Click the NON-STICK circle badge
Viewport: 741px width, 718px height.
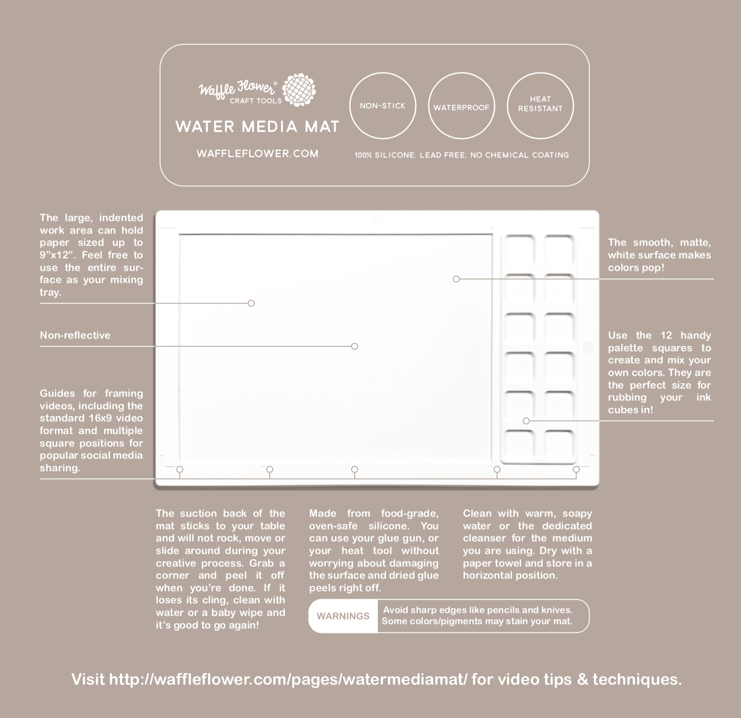[x=383, y=105]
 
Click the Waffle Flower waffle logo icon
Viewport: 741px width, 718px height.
[x=299, y=90]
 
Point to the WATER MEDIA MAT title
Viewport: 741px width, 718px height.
[x=257, y=127]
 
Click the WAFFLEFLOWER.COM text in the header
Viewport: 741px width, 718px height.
[x=257, y=154]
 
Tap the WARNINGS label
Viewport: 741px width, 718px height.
[x=343, y=616]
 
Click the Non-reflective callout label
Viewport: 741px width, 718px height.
[x=75, y=335]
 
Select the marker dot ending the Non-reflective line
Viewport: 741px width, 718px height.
[x=355, y=346]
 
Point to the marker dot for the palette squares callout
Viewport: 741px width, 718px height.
[x=526, y=421]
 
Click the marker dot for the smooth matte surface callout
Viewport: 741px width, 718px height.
[x=456, y=279]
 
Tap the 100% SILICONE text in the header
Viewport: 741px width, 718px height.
[x=385, y=155]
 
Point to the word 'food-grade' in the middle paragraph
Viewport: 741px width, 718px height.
[x=410, y=513]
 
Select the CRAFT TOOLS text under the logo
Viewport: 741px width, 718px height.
[x=255, y=101]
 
